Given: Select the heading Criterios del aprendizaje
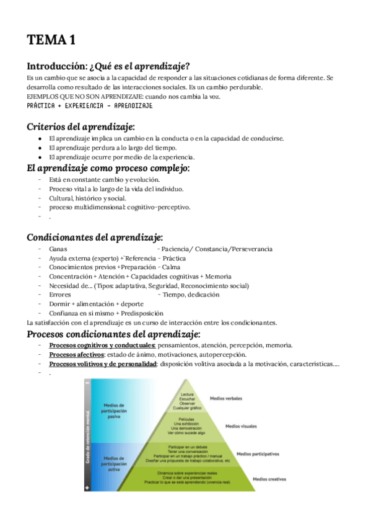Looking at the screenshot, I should [81, 127].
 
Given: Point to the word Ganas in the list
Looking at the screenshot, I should [58, 249].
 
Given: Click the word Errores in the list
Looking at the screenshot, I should [60, 295].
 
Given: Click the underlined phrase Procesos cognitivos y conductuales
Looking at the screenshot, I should [102, 345].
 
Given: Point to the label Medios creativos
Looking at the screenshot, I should [268, 479].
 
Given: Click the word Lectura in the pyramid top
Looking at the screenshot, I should [188, 394].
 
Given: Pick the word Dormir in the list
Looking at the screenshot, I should [59, 304].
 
